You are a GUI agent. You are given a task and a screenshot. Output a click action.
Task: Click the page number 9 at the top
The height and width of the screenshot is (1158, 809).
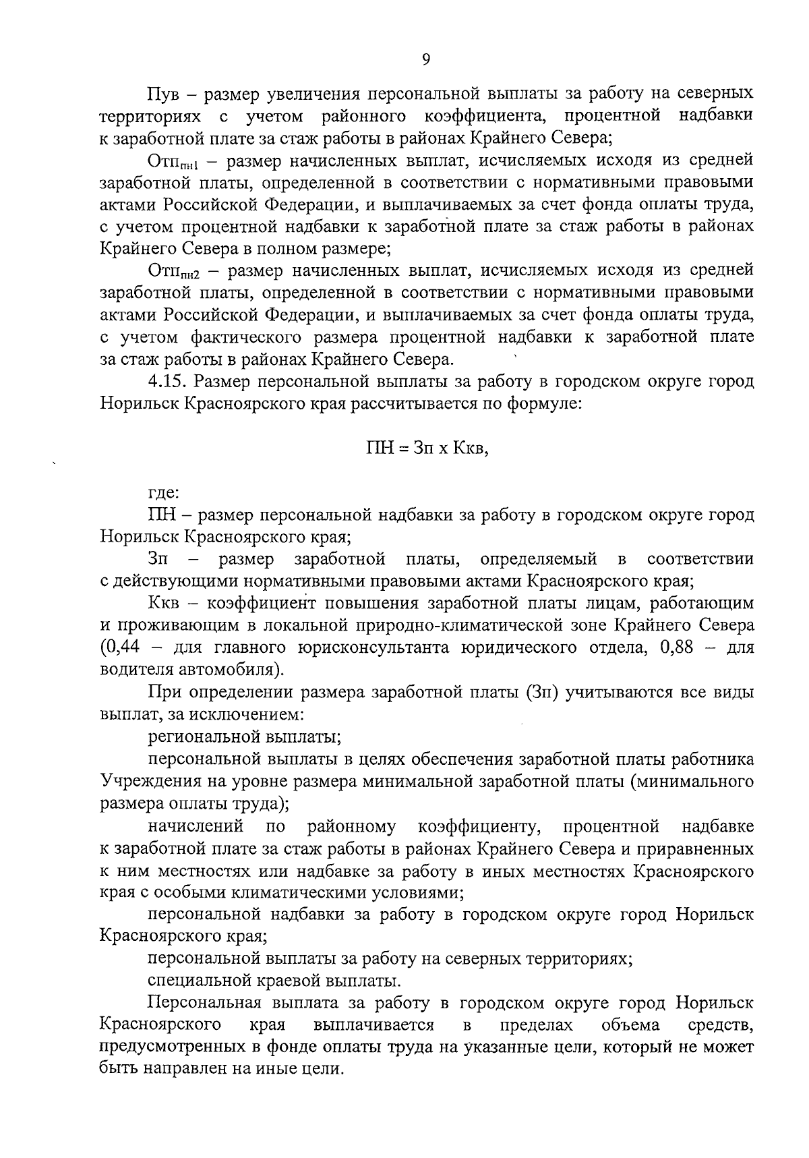(x=425, y=60)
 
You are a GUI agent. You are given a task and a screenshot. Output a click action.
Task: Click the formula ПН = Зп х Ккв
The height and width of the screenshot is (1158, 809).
(x=426, y=447)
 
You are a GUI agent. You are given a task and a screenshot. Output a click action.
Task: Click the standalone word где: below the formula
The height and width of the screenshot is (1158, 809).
(x=163, y=493)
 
